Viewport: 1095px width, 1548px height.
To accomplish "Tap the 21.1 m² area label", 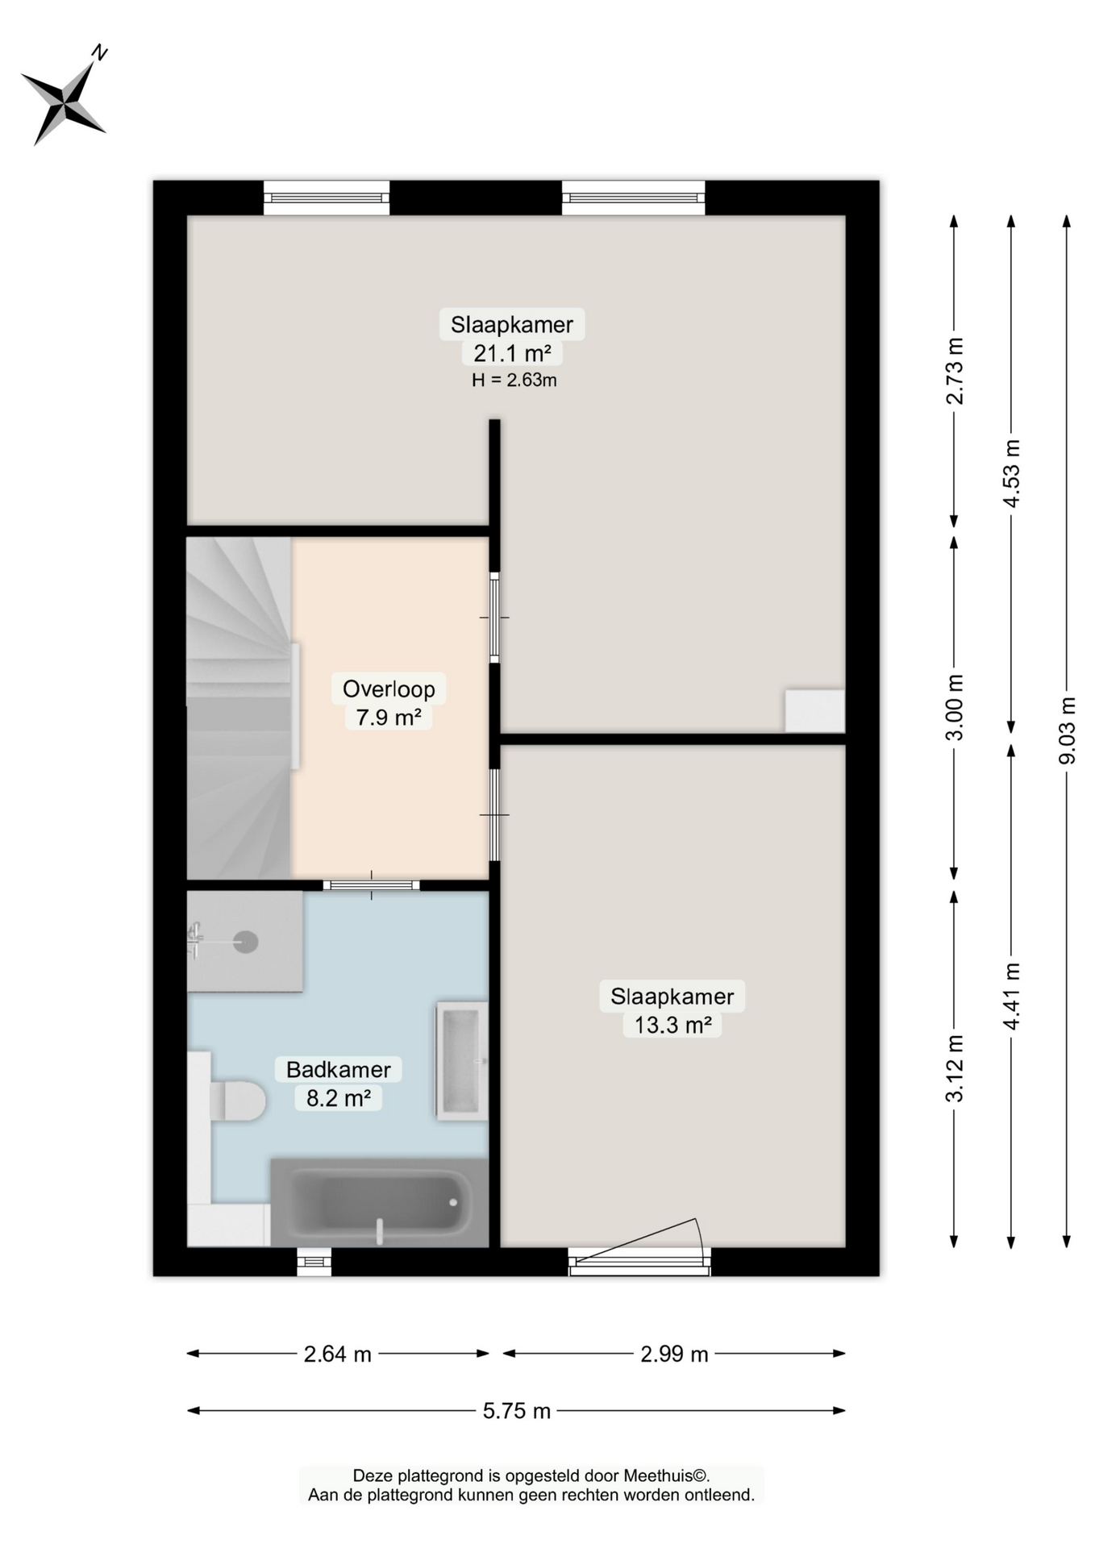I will (x=512, y=353).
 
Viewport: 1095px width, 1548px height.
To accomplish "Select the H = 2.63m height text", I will (x=514, y=380).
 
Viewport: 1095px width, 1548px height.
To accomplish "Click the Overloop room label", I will (x=389, y=689).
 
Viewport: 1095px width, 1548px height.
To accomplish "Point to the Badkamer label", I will (x=339, y=1069).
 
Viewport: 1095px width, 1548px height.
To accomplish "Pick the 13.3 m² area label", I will (x=672, y=1025).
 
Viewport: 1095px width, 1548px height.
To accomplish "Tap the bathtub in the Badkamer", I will (x=379, y=1202).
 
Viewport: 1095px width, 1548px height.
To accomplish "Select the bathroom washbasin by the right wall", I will (x=462, y=1061).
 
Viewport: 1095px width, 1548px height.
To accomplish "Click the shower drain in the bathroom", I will (x=245, y=941).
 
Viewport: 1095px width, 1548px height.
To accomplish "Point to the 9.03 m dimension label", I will (x=1068, y=730).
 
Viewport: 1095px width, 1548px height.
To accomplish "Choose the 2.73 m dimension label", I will (x=955, y=370).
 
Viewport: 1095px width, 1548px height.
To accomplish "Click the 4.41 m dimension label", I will (x=1011, y=996).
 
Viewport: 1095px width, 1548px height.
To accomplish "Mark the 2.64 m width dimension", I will (x=337, y=1354).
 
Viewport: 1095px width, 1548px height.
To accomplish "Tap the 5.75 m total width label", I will (x=516, y=1410).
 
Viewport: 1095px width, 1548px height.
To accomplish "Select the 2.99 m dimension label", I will (x=674, y=1354).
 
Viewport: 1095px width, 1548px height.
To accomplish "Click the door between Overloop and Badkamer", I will (x=371, y=885).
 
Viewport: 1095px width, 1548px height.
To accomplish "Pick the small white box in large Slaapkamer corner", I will (x=814, y=710).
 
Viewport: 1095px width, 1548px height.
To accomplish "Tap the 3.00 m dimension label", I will (x=955, y=707).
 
